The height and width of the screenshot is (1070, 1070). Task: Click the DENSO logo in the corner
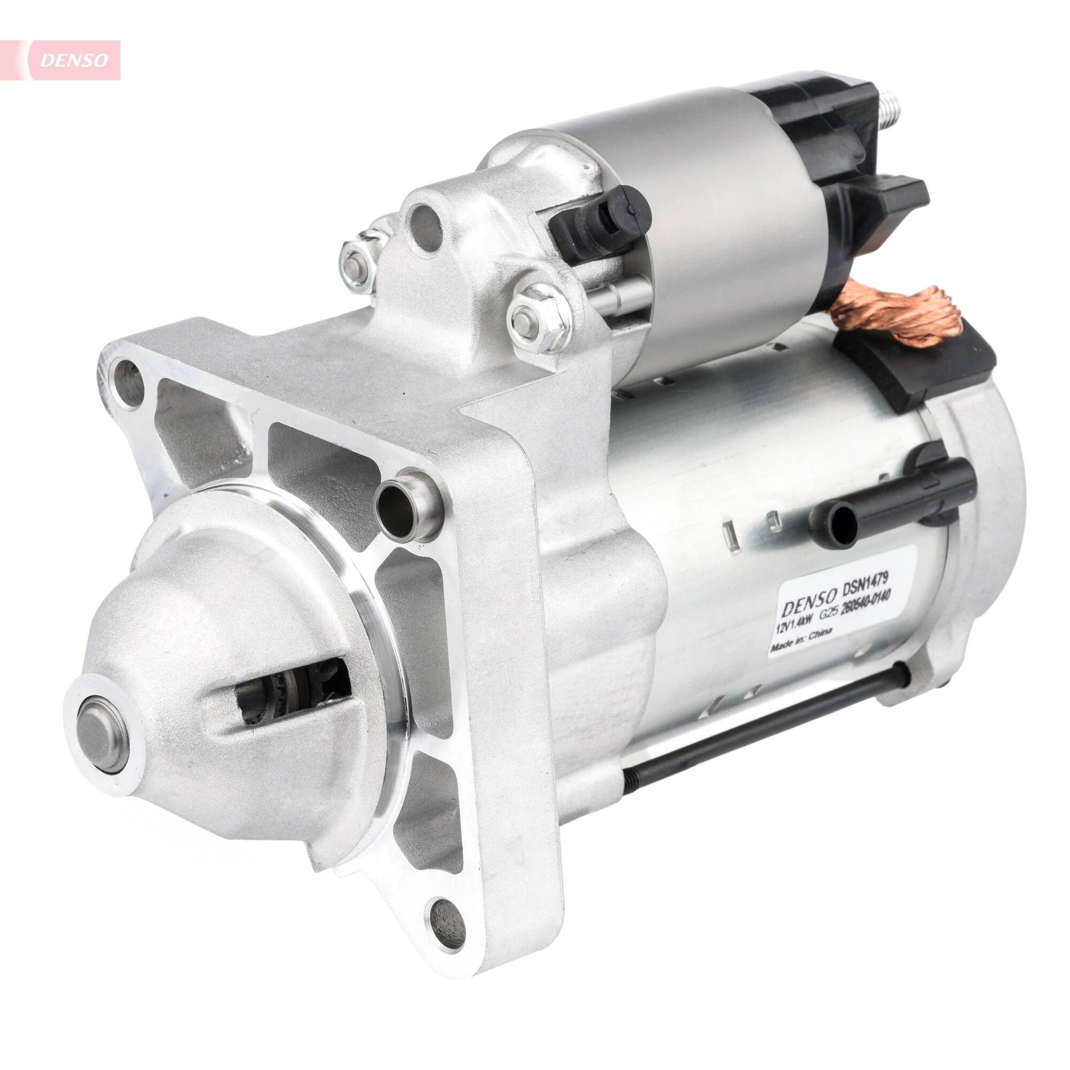(74, 60)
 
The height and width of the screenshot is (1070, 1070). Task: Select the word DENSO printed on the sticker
(808, 601)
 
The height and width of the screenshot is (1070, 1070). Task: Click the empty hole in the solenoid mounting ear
(426, 227)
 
